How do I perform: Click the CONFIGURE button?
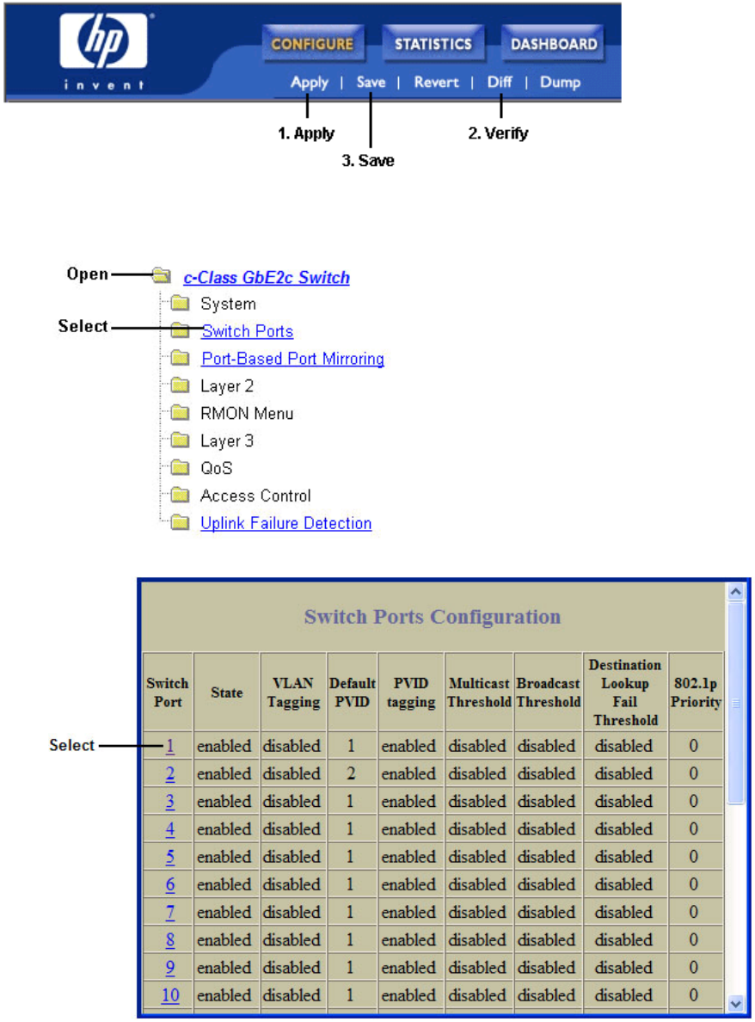(x=312, y=44)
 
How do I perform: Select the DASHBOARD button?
(x=554, y=44)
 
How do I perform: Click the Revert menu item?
(x=436, y=83)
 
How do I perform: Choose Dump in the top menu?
(x=560, y=83)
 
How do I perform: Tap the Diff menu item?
(x=500, y=83)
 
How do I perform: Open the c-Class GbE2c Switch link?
(x=267, y=277)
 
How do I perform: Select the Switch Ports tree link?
(x=248, y=331)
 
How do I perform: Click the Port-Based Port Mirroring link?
(x=292, y=359)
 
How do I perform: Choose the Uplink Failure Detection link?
(x=285, y=523)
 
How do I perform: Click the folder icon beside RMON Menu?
(x=179, y=414)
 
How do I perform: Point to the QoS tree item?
(x=216, y=468)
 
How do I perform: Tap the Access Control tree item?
(x=255, y=496)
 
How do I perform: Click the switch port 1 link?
(x=170, y=746)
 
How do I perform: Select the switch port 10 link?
(x=170, y=995)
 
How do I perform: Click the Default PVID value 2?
(x=351, y=773)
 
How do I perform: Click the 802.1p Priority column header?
(x=696, y=693)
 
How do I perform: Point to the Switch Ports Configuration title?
(x=433, y=617)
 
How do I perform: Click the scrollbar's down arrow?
(x=735, y=1002)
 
